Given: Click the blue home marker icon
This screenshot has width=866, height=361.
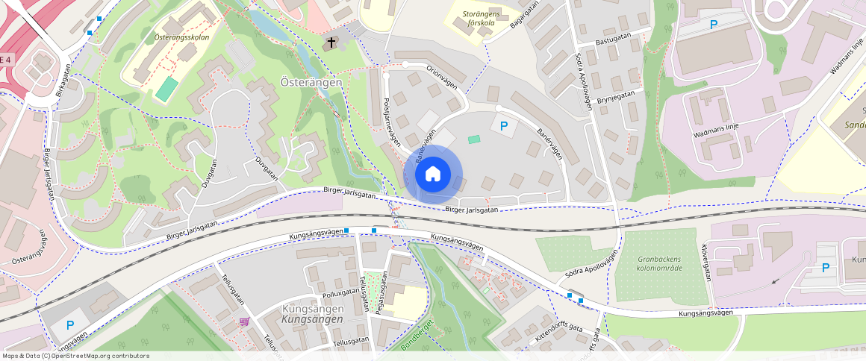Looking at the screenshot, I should tap(432, 175).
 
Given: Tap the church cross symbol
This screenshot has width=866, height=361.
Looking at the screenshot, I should tap(329, 43).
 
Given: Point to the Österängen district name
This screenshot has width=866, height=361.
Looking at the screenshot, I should tap(311, 82).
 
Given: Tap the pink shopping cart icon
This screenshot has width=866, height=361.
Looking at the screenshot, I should tap(244, 321).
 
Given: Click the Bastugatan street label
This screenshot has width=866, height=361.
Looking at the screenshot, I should tap(614, 43).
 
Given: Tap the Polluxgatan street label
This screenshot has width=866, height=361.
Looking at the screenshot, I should tap(341, 292).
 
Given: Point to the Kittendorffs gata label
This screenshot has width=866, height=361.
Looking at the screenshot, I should tap(558, 333).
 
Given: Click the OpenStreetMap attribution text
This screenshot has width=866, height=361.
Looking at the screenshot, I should tap(75, 356).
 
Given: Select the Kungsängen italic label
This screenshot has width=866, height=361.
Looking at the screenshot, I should tap(312, 319).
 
